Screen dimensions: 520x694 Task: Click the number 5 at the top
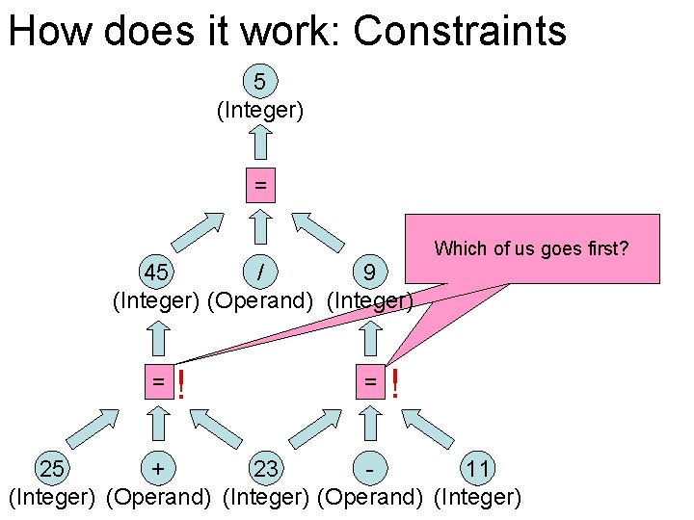(259, 81)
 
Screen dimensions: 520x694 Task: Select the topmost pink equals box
(259, 184)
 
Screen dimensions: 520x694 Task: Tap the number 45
(155, 272)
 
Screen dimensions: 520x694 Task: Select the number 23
(266, 469)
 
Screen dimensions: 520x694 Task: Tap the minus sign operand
(370, 469)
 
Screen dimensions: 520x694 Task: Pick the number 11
(478, 469)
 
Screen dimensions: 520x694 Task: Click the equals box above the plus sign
(157, 381)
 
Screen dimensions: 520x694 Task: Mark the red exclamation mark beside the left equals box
(181, 386)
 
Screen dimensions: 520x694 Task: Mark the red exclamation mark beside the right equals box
(394, 385)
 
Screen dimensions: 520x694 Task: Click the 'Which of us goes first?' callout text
(531, 248)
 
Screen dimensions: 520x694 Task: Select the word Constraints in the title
(460, 31)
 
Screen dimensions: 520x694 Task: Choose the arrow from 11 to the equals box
(429, 427)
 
